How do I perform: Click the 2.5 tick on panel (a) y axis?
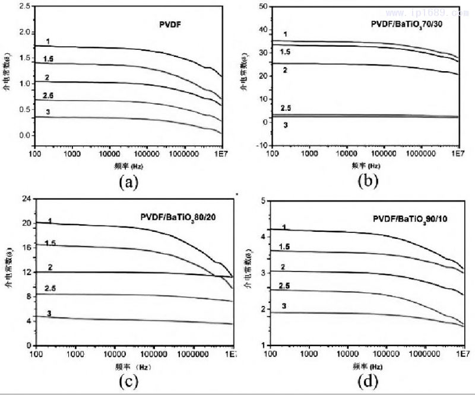[x=24, y=6]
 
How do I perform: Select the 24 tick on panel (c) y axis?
[x=26, y=199]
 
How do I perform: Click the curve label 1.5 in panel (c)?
[x=50, y=243]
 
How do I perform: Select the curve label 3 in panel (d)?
[x=285, y=306]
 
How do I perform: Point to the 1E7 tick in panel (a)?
[x=220, y=153]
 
